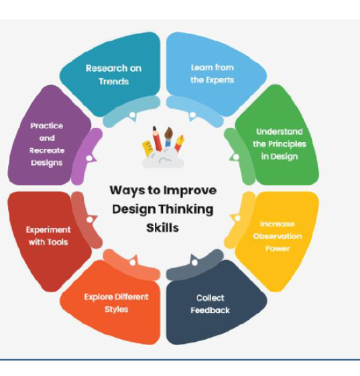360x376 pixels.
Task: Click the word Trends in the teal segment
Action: coord(114,82)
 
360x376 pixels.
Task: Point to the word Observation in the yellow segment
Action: coord(278,236)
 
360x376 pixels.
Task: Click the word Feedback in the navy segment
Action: coord(211,310)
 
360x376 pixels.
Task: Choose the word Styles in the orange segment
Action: coord(117,310)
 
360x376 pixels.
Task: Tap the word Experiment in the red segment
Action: coord(48,230)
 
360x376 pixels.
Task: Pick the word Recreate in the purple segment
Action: coord(47,150)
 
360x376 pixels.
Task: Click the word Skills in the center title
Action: coord(163,228)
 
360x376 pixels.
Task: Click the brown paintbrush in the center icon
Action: coord(168,137)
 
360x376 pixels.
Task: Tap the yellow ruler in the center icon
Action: coord(147,149)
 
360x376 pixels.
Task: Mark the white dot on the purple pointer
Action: coord(89,158)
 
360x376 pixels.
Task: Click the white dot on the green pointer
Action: coord(236,157)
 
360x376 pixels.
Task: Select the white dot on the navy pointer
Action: coord(194,262)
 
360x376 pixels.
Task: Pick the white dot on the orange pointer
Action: coord(132,263)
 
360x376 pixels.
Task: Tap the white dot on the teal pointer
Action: coord(132,115)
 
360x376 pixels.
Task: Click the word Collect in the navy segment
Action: coord(211,298)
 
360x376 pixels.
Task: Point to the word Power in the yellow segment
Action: coord(278,249)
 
